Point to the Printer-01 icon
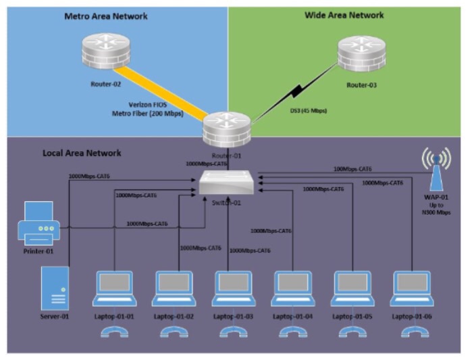click(38, 224)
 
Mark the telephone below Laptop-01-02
click(174, 331)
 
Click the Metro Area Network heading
click(105, 16)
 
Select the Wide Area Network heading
click(344, 15)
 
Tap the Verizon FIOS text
click(147, 105)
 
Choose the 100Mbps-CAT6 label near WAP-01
click(352, 169)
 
